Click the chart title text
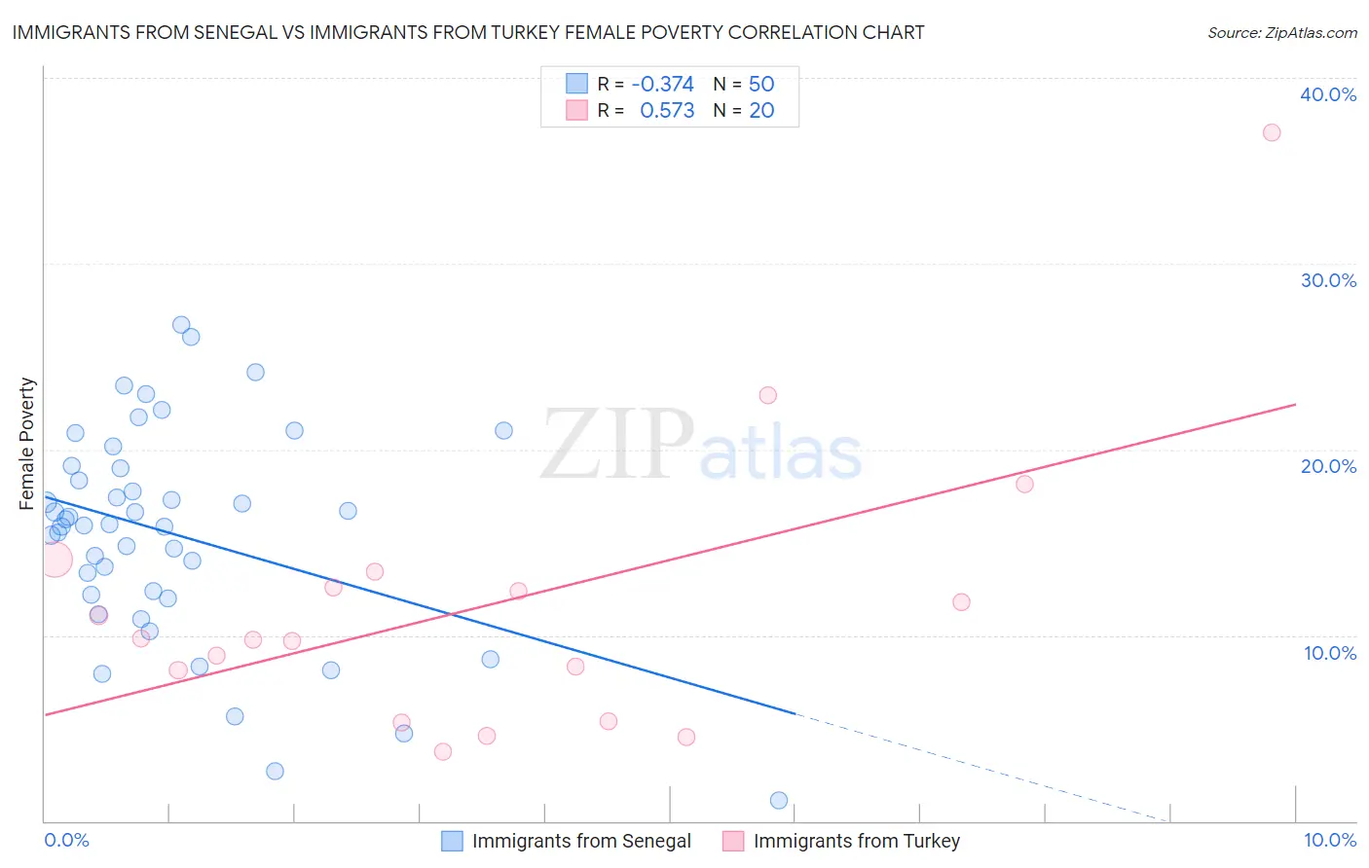tap(468, 32)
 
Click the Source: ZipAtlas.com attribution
tap(1281, 32)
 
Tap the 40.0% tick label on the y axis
tap(1328, 94)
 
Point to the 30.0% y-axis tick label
tap(1328, 280)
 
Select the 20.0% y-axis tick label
tap(1328, 466)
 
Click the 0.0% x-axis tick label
tap(66, 840)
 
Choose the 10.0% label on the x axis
tap(1329, 840)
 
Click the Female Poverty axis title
tap(27, 444)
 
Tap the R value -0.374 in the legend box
tap(662, 84)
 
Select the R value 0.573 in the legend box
tap(667, 110)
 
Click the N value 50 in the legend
tap(761, 84)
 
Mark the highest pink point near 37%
tap(1272, 132)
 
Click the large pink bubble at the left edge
tap(55, 560)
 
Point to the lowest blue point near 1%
tap(779, 801)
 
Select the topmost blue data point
tap(181, 325)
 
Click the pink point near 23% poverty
tap(768, 395)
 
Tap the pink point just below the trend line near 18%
tap(1024, 485)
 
